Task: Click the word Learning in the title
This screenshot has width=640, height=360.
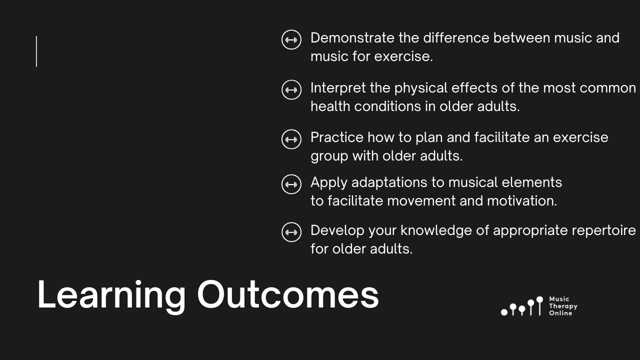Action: [x=111, y=295]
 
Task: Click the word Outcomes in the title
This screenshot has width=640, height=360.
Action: [x=288, y=294]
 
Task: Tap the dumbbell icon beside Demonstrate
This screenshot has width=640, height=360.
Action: [x=291, y=39]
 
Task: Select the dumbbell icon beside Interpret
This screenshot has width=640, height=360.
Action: [x=291, y=89]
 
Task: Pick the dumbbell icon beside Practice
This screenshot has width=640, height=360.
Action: [x=291, y=139]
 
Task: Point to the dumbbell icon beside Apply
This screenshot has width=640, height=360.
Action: [x=291, y=184]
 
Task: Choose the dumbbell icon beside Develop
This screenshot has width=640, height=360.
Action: [x=291, y=232]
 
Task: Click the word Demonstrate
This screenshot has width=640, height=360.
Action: [x=352, y=38]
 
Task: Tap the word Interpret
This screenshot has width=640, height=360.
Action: [x=338, y=88]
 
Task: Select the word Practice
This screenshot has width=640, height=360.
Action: [x=337, y=137]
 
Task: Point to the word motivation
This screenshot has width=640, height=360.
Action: [x=522, y=201]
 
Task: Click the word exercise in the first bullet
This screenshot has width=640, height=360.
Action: [x=403, y=56]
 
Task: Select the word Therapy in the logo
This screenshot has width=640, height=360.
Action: [x=563, y=306]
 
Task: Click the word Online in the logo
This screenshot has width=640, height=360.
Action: [x=560, y=313]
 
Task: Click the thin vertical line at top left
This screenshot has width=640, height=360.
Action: [x=36, y=51]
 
